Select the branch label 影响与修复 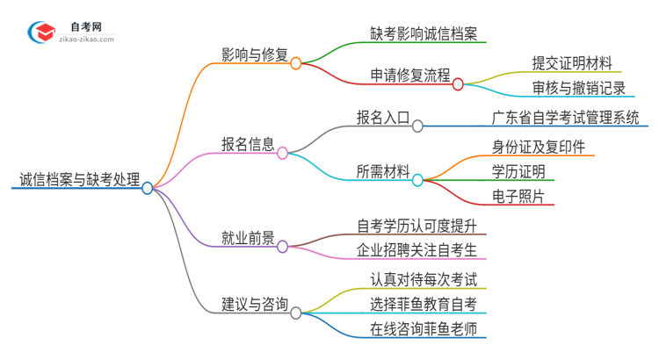(255, 54)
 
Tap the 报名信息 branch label (248, 144)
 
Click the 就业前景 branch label (248, 238)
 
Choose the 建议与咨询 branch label (255, 304)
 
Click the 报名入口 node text (382, 117)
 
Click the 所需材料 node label (382, 171)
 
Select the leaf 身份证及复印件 (539, 147)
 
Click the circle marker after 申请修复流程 (458, 84)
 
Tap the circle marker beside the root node (148, 188)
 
